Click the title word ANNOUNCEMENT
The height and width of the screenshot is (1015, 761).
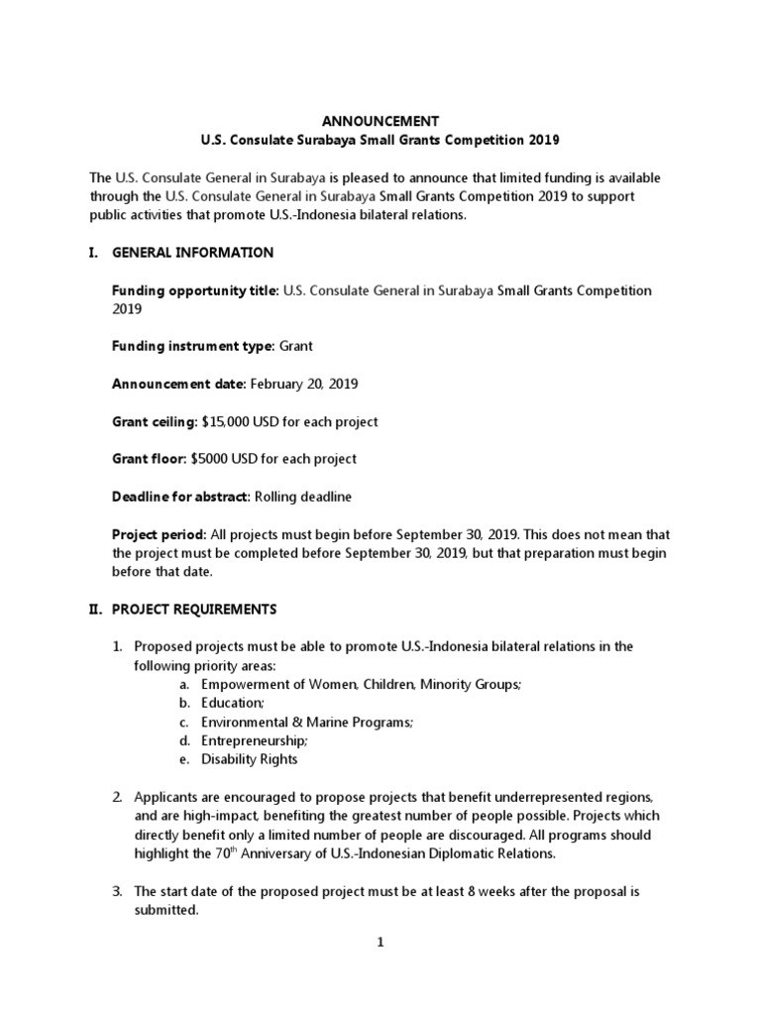point(380,121)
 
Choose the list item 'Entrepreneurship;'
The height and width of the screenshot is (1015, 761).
point(255,740)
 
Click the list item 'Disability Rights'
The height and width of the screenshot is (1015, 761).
point(249,759)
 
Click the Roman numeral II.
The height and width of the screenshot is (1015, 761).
point(96,609)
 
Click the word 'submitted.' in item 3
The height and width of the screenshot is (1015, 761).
point(166,910)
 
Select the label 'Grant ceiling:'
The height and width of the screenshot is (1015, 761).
point(154,421)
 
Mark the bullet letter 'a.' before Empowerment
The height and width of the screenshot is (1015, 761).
point(185,684)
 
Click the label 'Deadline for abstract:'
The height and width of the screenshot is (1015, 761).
point(181,497)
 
